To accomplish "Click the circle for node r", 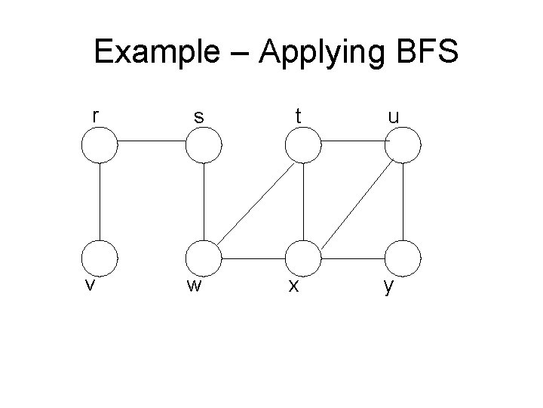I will pos(100,145).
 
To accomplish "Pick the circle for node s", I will pos(204,146).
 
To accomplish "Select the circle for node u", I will pos(403,146).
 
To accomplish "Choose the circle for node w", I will pos(204,258).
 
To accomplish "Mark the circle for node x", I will pos(303,258).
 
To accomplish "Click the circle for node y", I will pos(403,258).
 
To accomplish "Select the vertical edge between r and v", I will pos(100,201).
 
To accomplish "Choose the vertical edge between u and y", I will pos(403,201).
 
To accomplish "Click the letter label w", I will pos(194,288).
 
